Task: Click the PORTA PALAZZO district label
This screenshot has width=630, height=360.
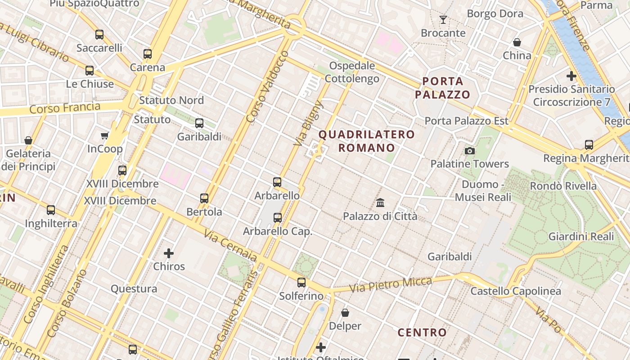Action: tap(443, 88)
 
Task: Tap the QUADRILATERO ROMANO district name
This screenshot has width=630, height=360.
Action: tap(367, 141)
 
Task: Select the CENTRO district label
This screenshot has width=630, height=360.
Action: tap(422, 333)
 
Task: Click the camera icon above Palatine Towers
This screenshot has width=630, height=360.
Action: tap(470, 151)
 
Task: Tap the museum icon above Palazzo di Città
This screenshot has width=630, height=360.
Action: tap(380, 203)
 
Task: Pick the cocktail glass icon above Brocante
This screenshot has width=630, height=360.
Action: tap(443, 20)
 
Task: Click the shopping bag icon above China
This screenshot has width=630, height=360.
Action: tap(517, 42)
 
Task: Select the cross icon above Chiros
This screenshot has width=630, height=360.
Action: tap(169, 253)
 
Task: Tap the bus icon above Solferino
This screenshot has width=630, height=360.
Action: tap(301, 283)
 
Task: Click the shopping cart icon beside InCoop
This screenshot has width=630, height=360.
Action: tap(105, 135)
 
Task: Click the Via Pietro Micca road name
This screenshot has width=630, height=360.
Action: tap(390, 284)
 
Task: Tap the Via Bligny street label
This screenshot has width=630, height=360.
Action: tap(309, 123)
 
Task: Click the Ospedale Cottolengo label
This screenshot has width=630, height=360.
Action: tap(352, 72)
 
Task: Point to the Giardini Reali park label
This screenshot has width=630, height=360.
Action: tap(581, 236)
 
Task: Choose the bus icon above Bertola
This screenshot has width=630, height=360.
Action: tap(204, 198)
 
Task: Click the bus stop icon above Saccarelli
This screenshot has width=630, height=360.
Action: tap(99, 34)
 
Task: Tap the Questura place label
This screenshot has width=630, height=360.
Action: tap(134, 289)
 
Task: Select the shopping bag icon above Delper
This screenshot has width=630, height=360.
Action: tap(345, 312)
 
